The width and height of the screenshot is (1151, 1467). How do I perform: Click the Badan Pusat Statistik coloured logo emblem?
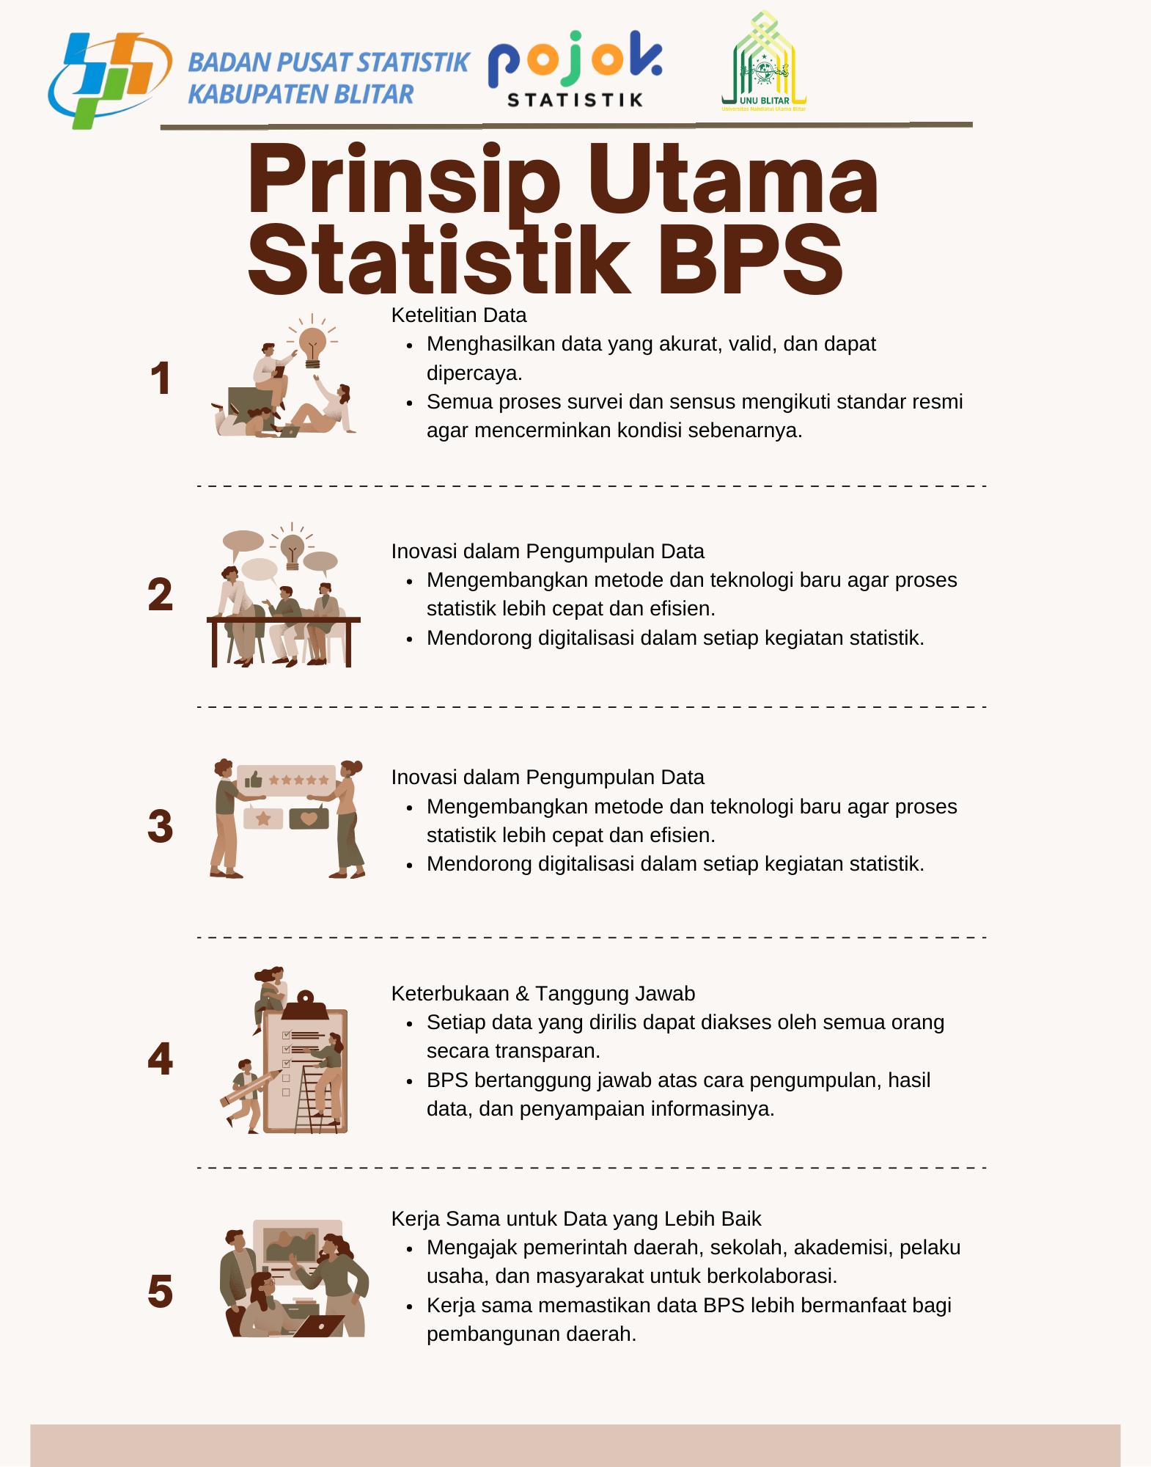pos(110,80)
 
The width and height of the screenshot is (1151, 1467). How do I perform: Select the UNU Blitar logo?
pos(764,62)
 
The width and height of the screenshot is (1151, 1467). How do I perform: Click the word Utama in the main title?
pos(733,180)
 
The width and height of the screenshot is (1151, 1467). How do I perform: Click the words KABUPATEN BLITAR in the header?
pos(301,95)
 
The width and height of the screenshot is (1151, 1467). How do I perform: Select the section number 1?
pos(161,379)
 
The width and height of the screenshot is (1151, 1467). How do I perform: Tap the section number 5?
pos(161,1292)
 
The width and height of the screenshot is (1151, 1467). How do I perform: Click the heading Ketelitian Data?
pos(459,315)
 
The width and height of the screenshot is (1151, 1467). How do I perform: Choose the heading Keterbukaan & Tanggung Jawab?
pos(543,994)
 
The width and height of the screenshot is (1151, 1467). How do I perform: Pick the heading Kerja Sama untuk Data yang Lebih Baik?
pos(576,1219)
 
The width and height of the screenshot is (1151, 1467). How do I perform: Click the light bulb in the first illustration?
pos(312,345)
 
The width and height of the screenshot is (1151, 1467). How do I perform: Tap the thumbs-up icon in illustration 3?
pos(254,779)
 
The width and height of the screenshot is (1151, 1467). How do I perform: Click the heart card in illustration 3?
pos(309,819)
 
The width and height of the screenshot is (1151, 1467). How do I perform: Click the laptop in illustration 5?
pos(319,1326)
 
